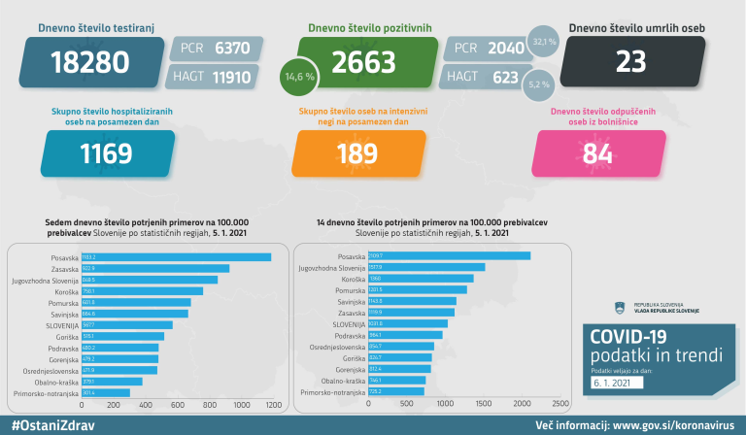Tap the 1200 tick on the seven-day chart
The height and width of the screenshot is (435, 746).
click(272, 404)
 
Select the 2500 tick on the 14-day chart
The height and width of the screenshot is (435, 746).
click(560, 403)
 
